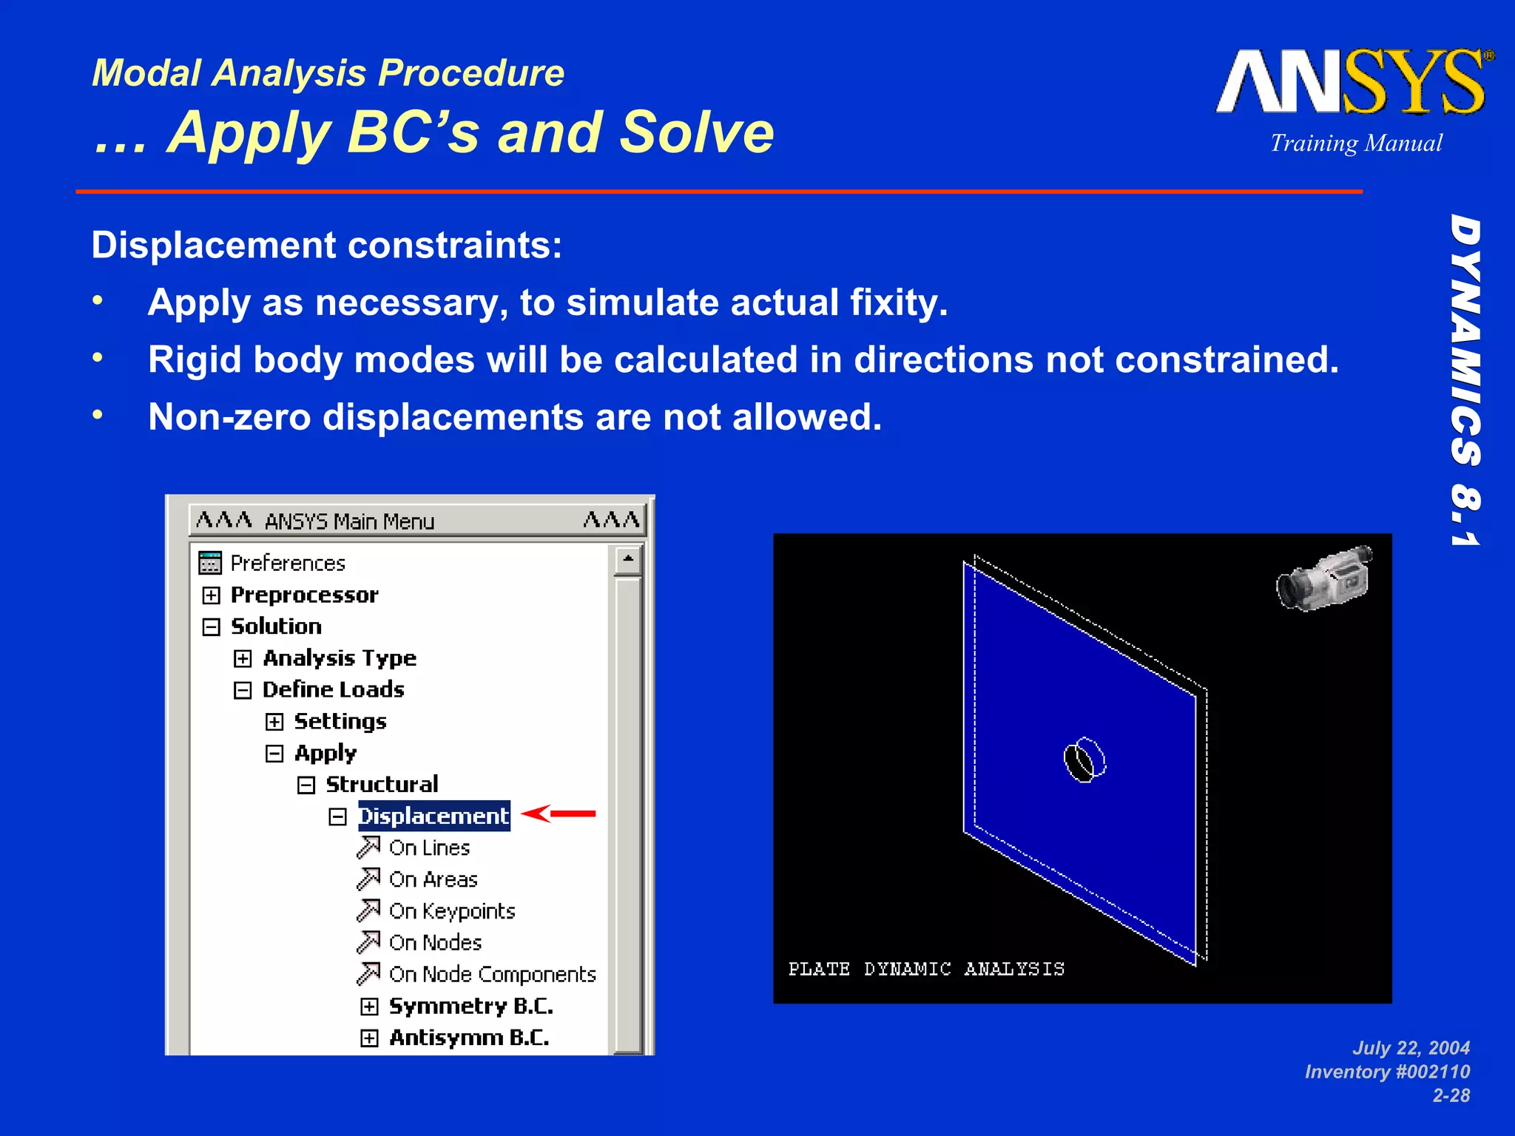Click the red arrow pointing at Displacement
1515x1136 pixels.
[x=559, y=814]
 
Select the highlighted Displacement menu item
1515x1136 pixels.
[x=434, y=816]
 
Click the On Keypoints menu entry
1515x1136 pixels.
[x=451, y=911]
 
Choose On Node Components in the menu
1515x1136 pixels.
[x=492, y=975]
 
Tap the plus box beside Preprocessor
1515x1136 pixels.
[x=212, y=595]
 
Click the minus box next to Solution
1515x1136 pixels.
[x=212, y=627]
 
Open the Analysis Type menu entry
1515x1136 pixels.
[x=340, y=658]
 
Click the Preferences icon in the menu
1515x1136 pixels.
[x=210, y=563]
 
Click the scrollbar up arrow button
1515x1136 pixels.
[x=628, y=560]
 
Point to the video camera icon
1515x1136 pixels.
[x=1324, y=578]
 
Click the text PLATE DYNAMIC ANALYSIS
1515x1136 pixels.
[x=926, y=969]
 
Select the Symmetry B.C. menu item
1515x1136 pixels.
[x=470, y=1007]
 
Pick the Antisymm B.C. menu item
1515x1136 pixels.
[x=469, y=1038]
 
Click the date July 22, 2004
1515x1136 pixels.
[x=1411, y=1048]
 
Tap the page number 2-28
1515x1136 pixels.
[x=1451, y=1095]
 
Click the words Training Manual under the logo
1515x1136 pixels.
[x=1356, y=143]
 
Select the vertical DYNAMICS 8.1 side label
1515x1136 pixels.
[x=1465, y=381]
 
